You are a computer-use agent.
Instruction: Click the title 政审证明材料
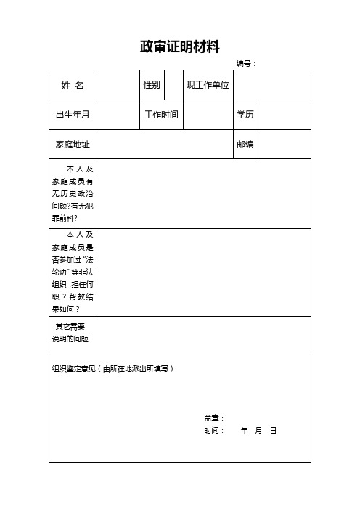pyautogui.click(x=179, y=47)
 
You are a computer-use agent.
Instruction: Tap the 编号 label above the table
pyautogui.click(x=246, y=64)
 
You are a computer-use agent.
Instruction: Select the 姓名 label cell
pyautogui.click(x=73, y=85)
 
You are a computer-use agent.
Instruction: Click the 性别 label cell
pyautogui.click(x=152, y=85)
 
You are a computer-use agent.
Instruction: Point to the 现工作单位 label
pyautogui.click(x=208, y=85)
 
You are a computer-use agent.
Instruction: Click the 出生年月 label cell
pyautogui.click(x=73, y=115)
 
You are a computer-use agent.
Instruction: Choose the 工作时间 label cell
pyautogui.click(x=162, y=115)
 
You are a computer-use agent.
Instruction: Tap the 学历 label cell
pyautogui.click(x=245, y=115)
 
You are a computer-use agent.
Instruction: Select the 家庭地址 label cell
pyautogui.click(x=73, y=145)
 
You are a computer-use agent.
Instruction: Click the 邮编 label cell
pyautogui.click(x=245, y=145)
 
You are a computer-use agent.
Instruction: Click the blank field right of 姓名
pyautogui.click(x=118, y=85)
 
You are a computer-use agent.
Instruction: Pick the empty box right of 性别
pyautogui.click(x=173, y=85)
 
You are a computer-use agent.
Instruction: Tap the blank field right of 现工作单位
pyautogui.click(x=271, y=85)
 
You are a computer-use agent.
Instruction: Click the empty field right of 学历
pyautogui.click(x=284, y=115)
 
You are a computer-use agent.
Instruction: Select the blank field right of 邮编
pyautogui.click(x=284, y=145)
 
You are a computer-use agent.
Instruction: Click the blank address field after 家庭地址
pyautogui.click(x=164, y=145)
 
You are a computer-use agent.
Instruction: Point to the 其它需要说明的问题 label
pyautogui.click(x=70, y=333)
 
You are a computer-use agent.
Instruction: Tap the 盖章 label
pyautogui.click(x=213, y=418)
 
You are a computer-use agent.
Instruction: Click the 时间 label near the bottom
pyautogui.click(x=213, y=431)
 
